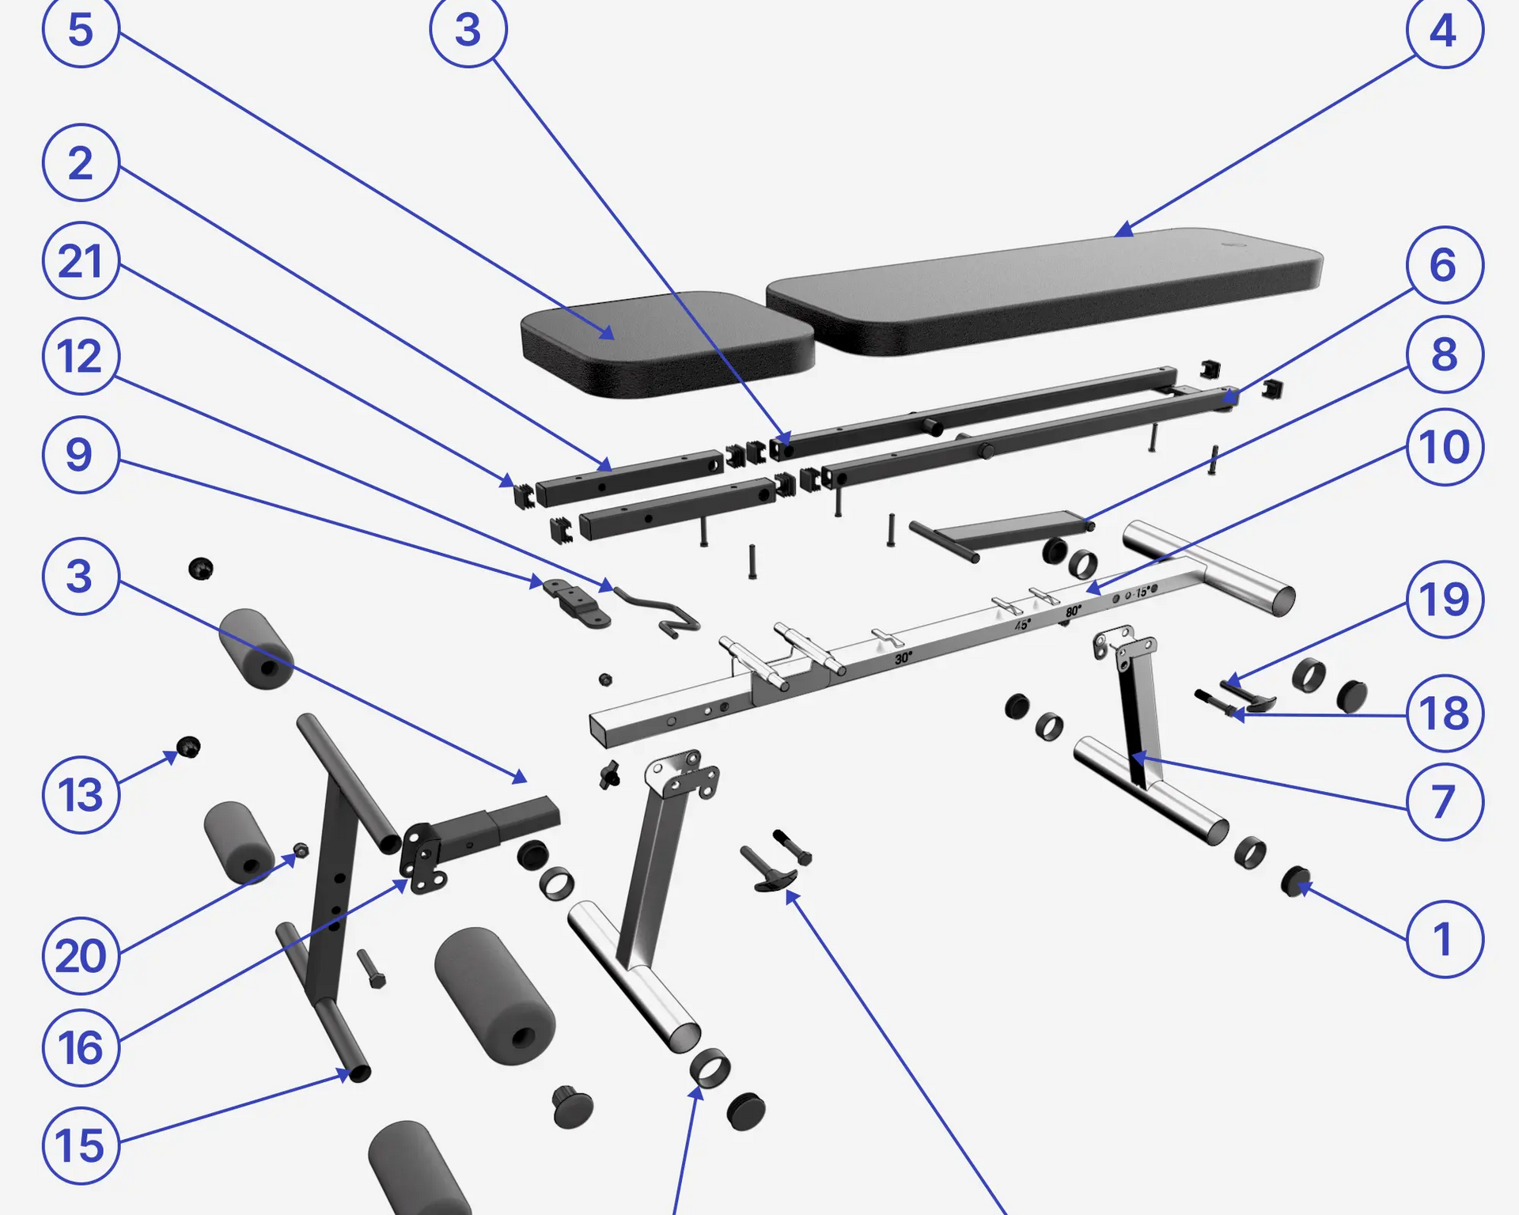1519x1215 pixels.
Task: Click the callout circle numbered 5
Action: pyautogui.click(x=81, y=29)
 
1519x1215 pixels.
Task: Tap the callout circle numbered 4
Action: pyautogui.click(x=1445, y=31)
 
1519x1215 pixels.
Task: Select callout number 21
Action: pyautogui.click(x=81, y=260)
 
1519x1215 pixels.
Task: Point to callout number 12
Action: pyautogui.click(x=81, y=356)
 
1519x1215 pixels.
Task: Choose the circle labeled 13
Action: pyautogui.click(x=81, y=794)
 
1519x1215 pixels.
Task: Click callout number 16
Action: pyautogui.click(x=81, y=1047)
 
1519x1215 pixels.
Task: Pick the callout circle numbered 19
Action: pyautogui.click(x=1445, y=600)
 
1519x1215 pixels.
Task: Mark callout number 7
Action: pyautogui.click(x=1445, y=801)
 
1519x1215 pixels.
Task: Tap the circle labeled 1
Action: pyautogui.click(x=1445, y=939)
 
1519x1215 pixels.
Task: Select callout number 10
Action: pyautogui.click(x=1445, y=447)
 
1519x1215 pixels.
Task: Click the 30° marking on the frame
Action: pyautogui.click(x=903, y=657)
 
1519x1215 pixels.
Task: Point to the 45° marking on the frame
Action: pyautogui.click(x=1022, y=625)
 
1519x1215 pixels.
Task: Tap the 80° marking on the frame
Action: pyautogui.click(x=1073, y=611)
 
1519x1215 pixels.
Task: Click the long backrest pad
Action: pyautogui.click(x=1044, y=291)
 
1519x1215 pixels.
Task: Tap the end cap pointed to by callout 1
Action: pyautogui.click(x=1295, y=881)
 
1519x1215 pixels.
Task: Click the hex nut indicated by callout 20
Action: pyautogui.click(x=301, y=850)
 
